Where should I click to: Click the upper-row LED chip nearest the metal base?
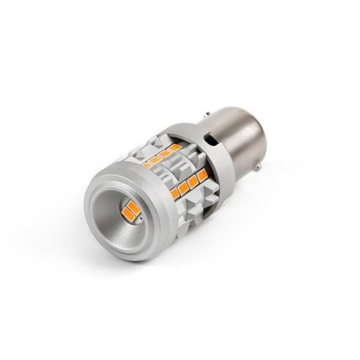click(174, 148)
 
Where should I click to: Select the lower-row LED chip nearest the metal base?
click(202, 175)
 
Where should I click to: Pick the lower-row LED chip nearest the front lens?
click(175, 194)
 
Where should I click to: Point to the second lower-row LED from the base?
click(193, 181)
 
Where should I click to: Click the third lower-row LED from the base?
click(184, 187)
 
